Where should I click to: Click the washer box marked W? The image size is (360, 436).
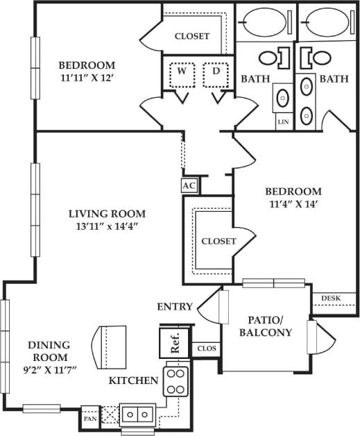click(180, 73)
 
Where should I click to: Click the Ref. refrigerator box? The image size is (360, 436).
click(173, 344)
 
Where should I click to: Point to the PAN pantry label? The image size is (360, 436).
click(89, 418)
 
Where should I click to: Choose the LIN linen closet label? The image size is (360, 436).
click(282, 121)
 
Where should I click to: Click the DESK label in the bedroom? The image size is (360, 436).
click(330, 299)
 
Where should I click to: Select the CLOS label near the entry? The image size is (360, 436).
click(206, 349)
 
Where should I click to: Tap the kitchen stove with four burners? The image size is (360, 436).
click(175, 380)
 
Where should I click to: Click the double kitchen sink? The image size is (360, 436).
click(137, 414)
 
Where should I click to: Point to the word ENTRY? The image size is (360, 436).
click(174, 306)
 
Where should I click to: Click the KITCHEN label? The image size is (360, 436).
click(133, 380)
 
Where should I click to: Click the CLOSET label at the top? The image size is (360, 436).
click(192, 36)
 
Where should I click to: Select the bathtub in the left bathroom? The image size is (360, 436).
click(265, 21)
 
